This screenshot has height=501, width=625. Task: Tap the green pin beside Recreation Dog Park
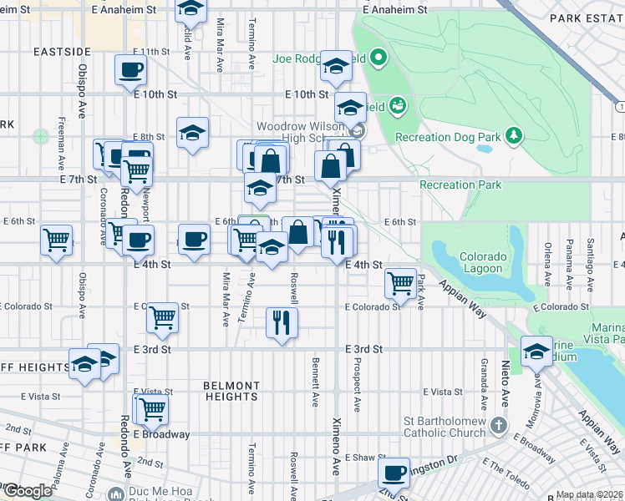(x=514, y=134)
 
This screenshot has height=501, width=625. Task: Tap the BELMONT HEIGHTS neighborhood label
(x=231, y=391)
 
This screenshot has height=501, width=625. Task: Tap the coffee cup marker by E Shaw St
(x=393, y=472)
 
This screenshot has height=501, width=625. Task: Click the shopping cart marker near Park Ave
(x=401, y=282)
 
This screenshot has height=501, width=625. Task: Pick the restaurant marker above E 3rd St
(x=282, y=321)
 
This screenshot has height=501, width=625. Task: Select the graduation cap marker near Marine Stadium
(x=536, y=350)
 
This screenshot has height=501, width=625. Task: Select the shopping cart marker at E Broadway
(x=151, y=408)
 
